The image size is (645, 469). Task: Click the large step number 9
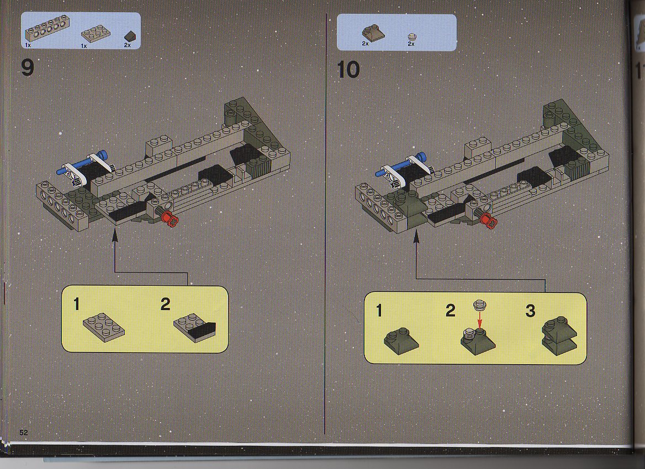pyautogui.click(x=27, y=68)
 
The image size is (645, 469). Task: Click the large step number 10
pyautogui.click(x=348, y=69)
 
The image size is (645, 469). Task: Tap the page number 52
pyautogui.click(x=23, y=433)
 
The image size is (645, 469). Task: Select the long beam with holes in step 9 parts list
pyautogui.click(x=47, y=29)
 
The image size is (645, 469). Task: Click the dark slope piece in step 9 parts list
pyautogui.click(x=130, y=37)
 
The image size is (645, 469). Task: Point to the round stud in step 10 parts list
pyautogui.click(x=411, y=37)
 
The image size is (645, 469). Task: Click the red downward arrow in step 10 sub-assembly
pyautogui.click(x=479, y=319)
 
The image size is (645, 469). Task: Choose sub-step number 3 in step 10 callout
pyautogui.click(x=530, y=311)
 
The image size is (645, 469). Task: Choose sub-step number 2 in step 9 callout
pyautogui.click(x=165, y=305)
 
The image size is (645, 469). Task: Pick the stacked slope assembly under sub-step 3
pyautogui.click(x=559, y=336)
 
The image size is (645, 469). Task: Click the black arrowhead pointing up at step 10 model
pyautogui.click(x=416, y=236)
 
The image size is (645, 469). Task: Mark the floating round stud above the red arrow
pyautogui.click(x=479, y=305)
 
